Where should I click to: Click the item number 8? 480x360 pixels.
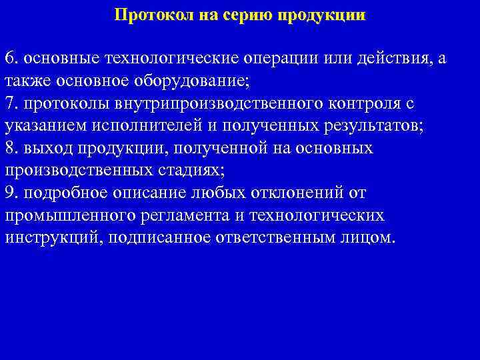click(10, 148)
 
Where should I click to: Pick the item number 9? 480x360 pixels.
click(10, 193)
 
